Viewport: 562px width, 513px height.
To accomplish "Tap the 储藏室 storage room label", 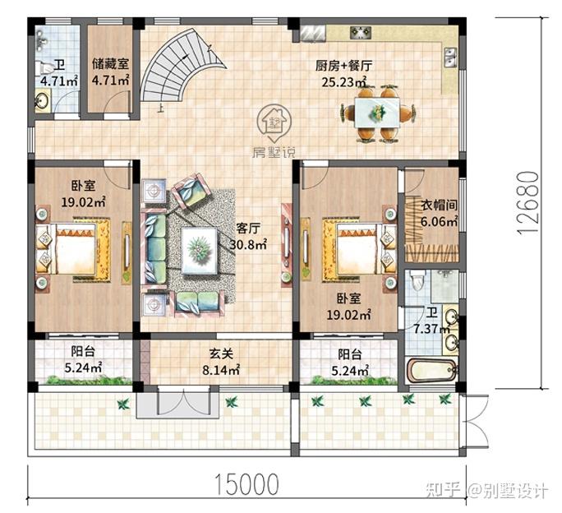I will pyautogui.click(x=110, y=63).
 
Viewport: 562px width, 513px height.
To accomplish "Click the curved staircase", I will pyautogui.click(x=176, y=66).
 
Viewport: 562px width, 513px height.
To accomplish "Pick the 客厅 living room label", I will pyautogui.click(x=249, y=228).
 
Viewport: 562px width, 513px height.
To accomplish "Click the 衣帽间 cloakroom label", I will pyautogui.click(x=430, y=206).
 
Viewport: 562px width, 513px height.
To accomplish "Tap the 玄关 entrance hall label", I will pyautogui.click(x=220, y=354).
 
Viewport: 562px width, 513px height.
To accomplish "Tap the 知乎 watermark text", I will pyautogui.click(x=443, y=491).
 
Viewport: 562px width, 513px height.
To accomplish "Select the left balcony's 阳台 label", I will pyautogui.click(x=82, y=353).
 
